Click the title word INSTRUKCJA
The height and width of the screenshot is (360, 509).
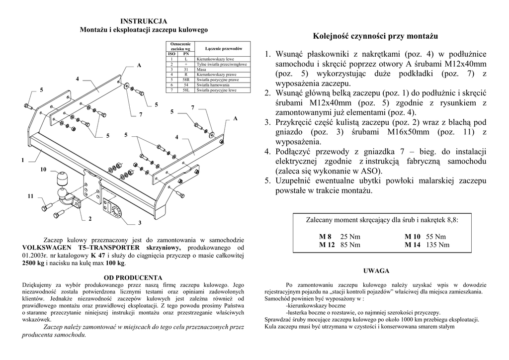point(144,21)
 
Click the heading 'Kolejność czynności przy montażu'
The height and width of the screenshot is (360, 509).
point(375,36)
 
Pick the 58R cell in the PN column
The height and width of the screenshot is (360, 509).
point(185,80)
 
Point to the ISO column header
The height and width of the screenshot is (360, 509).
point(171,54)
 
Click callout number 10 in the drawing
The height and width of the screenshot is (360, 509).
point(43,170)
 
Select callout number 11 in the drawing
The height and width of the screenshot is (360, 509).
point(30,196)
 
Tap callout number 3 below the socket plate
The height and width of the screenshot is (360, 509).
point(140,222)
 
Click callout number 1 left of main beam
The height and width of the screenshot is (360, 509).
point(23,160)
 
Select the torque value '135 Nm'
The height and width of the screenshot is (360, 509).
point(437,245)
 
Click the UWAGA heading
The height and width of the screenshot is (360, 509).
point(376,271)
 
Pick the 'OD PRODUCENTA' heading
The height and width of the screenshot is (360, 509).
point(133,277)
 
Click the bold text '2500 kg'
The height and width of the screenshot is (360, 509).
point(33,263)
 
